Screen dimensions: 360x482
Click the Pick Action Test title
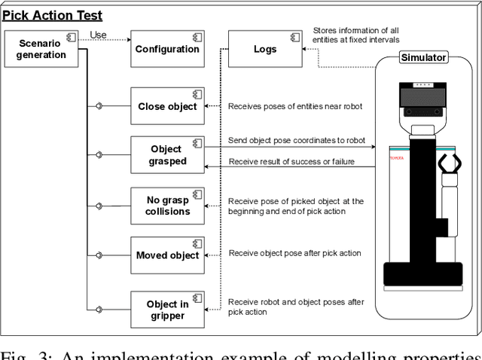[52, 15]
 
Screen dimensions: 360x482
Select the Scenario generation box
[41, 48]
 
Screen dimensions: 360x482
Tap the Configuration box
[166, 49]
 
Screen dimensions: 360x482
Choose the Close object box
[166, 106]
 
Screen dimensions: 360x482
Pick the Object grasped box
[166, 154]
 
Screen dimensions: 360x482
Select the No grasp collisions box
[166, 206]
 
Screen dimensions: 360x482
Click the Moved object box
[166, 255]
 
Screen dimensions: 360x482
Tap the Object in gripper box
[166, 310]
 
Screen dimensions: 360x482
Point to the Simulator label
[423, 57]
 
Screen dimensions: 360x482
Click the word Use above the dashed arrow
[98, 35]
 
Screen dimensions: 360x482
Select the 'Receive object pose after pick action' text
[295, 253]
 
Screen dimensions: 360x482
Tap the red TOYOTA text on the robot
[396, 158]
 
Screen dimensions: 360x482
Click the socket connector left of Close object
[99, 106]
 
